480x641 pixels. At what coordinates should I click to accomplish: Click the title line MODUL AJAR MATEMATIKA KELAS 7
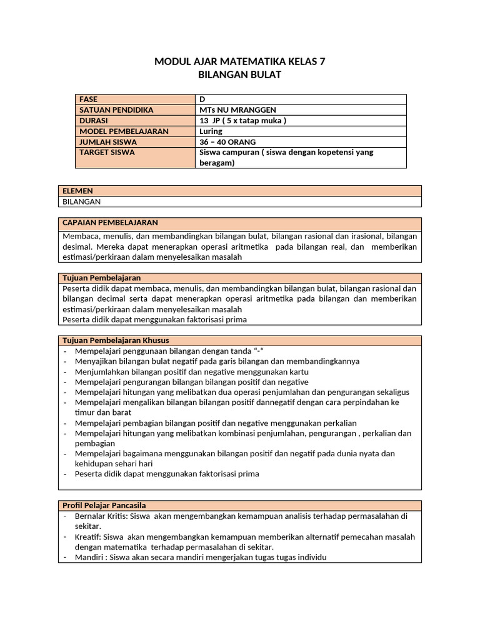click(x=240, y=61)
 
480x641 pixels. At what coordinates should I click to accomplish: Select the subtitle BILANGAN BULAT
click(x=240, y=75)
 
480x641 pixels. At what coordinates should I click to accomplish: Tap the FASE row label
click(x=89, y=100)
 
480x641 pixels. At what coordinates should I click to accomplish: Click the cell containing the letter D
click(x=202, y=100)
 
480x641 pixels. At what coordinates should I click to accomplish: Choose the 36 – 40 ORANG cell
click(x=227, y=142)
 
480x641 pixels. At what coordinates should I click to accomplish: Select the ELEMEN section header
click(x=77, y=191)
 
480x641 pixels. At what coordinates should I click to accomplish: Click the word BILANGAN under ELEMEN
click(x=82, y=202)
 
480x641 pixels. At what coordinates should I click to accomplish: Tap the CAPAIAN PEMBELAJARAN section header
click(x=110, y=223)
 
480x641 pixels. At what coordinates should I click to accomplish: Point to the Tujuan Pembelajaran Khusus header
click(x=116, y=340)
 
